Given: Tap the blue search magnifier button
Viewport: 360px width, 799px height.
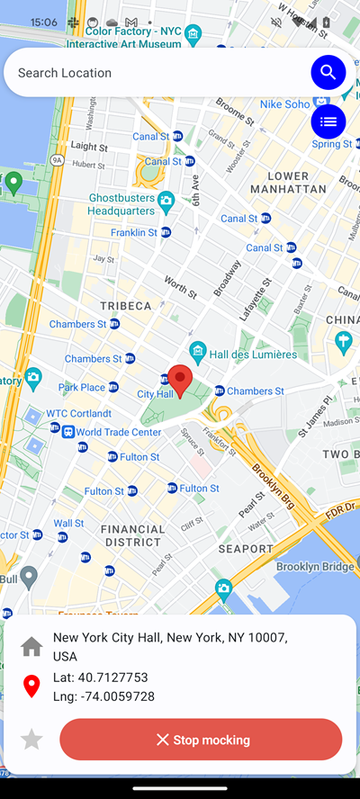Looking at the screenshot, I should pyautogui.click(x=328, y=72).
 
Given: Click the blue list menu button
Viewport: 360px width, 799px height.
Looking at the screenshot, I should pyautogui.click(x=328, y=121).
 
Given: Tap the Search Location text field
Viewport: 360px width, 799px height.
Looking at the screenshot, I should pyautogui.click(x=153, y=73).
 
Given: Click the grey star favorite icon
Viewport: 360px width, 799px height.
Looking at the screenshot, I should pyautogui.click(x=31, y=740).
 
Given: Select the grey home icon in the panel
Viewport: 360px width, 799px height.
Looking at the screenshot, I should pyautogui.click(x=31, y=646).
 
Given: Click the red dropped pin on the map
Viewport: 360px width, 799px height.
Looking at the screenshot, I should pyautogui.click(x=181, y=381).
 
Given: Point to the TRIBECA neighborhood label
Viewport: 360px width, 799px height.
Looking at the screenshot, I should pyautogui.click(x=126, y=306).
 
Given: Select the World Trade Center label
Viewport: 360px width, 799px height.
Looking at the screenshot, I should pyautogui.click(x=118, y=432).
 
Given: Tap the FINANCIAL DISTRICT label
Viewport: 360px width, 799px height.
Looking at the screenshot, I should pyautogui.click(x=132, y=535).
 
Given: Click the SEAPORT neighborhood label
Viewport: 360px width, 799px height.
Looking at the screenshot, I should pyautogui.click(x=245, y=548).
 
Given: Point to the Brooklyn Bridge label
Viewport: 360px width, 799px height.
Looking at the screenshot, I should pyautogui.click(x=314, y=567).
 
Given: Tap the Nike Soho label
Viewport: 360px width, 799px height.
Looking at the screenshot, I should pyautogui.click(x=284, y=104).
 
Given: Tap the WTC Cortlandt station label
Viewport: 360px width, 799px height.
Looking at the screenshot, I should pyautogui.click(x=78, y=414).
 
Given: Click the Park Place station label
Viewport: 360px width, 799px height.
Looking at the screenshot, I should pyautogui.click(x=82, y=388).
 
